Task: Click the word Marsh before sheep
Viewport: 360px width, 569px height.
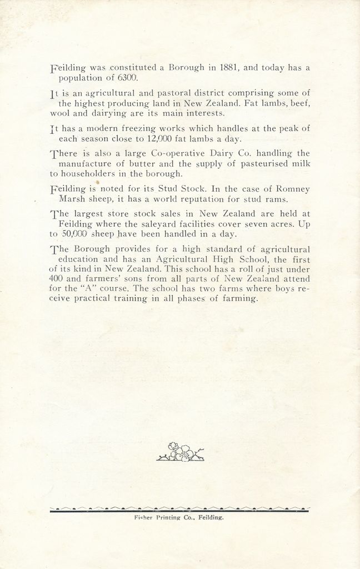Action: [x=71, y=199]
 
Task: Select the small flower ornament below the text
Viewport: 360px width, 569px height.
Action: [x=180, y=452]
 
